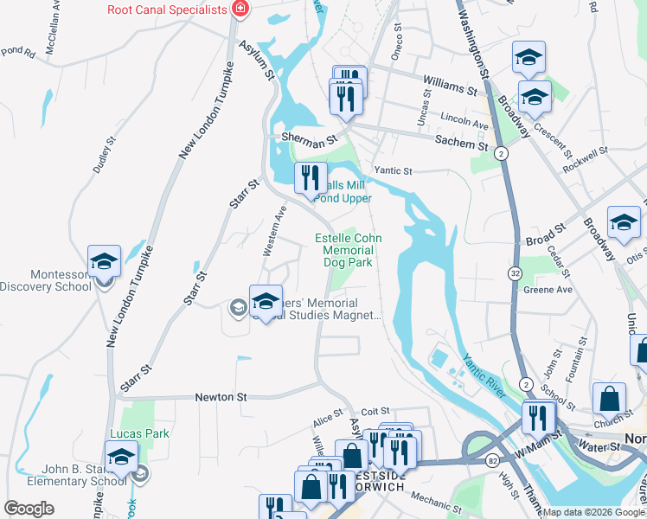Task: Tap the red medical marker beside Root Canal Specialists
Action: [x=240, y=10]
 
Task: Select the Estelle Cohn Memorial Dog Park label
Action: [x=348, y=249]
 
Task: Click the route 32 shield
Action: [x=514, y=273]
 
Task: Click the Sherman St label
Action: [x=308, y=139]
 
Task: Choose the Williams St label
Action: [x=450, y=86]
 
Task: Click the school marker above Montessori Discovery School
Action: [x=104, y=261]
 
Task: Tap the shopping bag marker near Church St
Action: [x=609, y=399]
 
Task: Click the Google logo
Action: [x=29, y=509]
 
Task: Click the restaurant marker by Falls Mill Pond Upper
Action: [x=311, y=179]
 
